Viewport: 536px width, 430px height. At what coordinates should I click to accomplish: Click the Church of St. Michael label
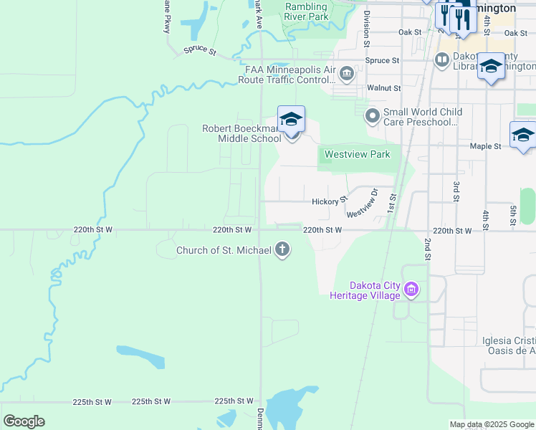(x=224, y=250)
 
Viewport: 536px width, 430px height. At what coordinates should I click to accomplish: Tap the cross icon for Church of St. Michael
(x=283, y=250)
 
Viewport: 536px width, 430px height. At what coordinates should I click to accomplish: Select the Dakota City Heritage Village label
(x=365, y=290)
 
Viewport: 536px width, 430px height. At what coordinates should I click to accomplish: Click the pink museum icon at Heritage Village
(x=411, y=290)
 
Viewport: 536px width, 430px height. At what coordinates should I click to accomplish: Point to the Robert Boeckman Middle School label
(x=241, y=133)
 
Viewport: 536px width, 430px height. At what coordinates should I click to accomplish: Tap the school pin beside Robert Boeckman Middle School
(x=292, y=120)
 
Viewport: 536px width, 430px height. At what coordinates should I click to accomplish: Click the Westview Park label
(x=357, y=154)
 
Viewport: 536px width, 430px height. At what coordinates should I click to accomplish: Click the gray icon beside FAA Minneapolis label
(x=347, y=73)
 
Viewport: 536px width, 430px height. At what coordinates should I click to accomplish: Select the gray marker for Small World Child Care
(x=373, y=115)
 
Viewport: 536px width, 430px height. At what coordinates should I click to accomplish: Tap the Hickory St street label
(x=330, y=202)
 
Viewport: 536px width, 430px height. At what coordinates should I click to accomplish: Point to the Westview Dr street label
(x=362, y=204)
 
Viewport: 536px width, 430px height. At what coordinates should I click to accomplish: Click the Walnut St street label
(x=383, y=87)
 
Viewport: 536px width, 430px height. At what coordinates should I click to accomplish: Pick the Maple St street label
(x=485, y=146)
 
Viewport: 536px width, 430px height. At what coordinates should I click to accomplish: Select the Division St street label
(x=366, y=29)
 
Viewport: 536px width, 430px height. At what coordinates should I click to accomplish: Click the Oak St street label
(x=410, y=32)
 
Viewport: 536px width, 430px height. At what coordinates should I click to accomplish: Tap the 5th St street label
(x=513, y=216)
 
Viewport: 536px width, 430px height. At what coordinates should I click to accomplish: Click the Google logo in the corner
(x=24, y=421)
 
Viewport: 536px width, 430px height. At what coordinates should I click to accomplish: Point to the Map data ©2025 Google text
(x=491, y=424)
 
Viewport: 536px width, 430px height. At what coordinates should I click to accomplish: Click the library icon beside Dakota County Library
(x=441, y=59)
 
